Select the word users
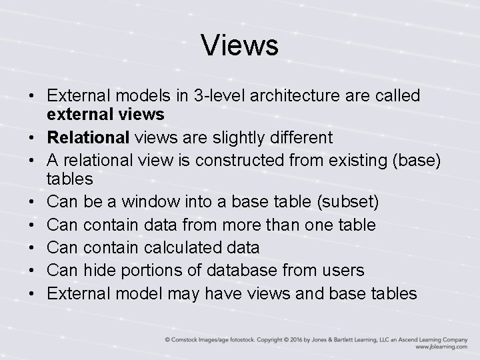click(x=342, y=269)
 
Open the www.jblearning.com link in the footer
click(x=442, y=347)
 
